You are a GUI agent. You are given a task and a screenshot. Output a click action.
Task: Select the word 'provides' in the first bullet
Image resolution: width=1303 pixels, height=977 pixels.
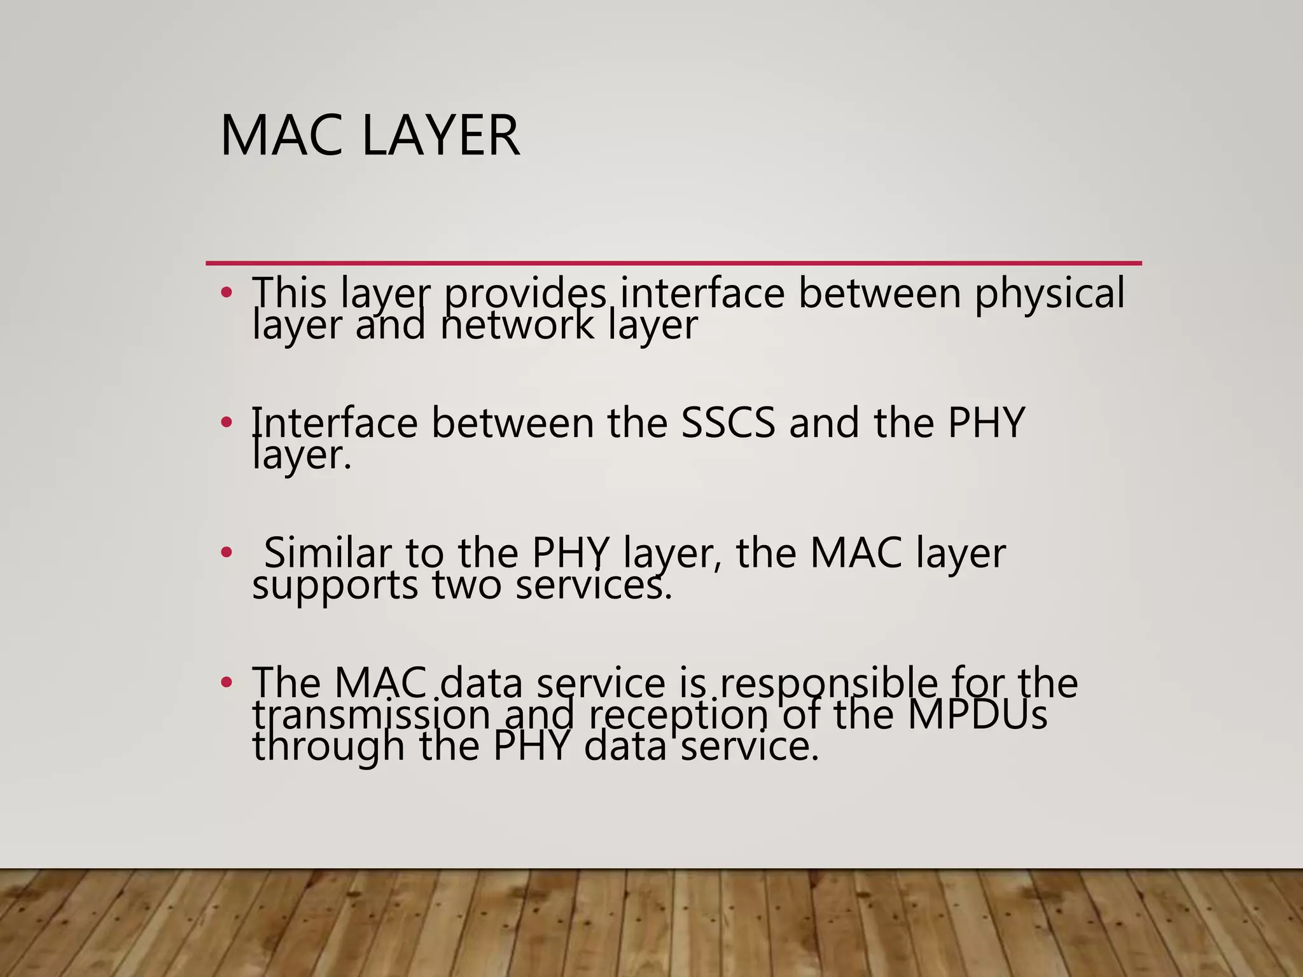point(525,294)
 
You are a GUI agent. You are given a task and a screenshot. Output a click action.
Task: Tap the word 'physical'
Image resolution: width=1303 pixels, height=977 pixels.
point(1050,294)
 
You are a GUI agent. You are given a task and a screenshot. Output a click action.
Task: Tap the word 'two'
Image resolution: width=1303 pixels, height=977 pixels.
point(467,585)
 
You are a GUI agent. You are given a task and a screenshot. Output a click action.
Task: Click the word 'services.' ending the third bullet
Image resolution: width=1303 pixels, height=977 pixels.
point(593,585)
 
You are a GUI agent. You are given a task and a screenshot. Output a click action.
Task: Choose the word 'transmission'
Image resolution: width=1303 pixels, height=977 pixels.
point(372,715)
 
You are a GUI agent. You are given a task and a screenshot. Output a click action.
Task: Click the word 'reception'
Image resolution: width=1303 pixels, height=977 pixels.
point(678,715)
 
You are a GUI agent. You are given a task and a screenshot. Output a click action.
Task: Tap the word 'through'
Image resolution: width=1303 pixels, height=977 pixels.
point(328,747)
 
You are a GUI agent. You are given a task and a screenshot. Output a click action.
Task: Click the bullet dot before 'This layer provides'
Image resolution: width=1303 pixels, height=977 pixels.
point(226,294)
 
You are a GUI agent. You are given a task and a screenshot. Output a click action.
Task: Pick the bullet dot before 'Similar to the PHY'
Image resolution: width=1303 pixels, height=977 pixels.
point(226,552)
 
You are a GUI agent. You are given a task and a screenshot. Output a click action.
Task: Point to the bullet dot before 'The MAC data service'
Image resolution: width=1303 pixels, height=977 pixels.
point(226,683)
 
